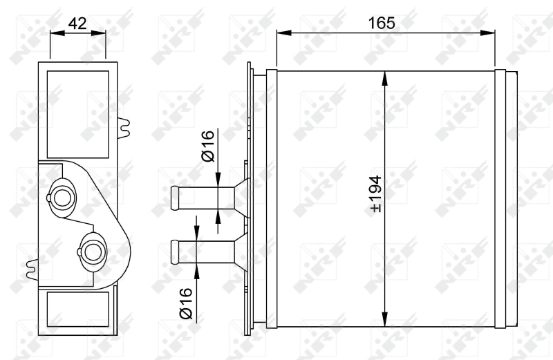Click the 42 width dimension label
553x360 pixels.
(x=78, y=22)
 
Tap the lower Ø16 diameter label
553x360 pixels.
(x=185, y=303)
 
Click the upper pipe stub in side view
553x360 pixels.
(x=194, y=197)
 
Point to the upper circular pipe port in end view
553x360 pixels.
(x=64, y=196)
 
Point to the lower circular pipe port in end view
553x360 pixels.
(x=92, y=248)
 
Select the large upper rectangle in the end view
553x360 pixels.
(x=77, y=113)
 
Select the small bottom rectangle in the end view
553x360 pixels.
(x=77, y=309)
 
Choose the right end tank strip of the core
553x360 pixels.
(x=505, y=197)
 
